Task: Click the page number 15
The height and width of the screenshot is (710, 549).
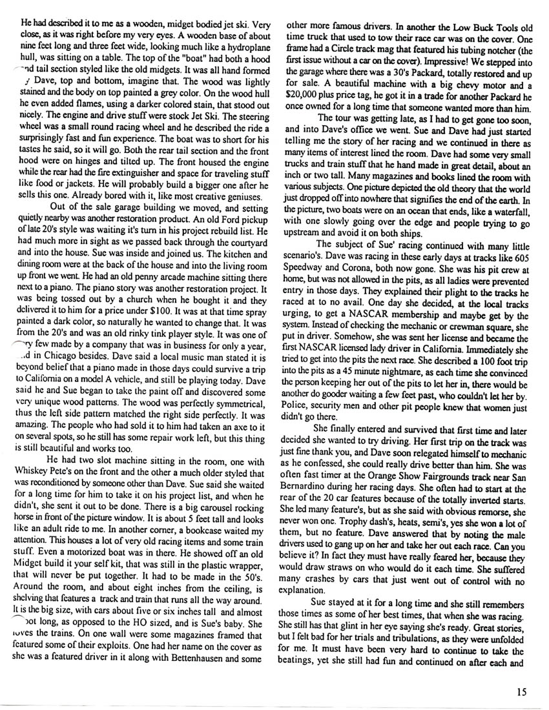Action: click(523, 692)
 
